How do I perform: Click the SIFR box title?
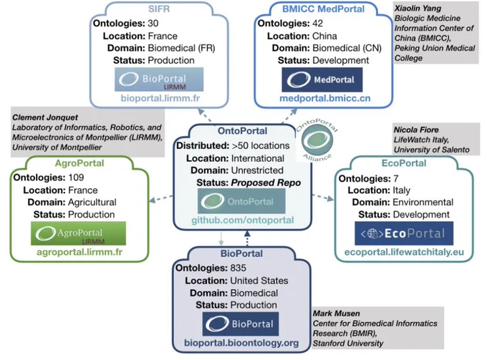[159, 9]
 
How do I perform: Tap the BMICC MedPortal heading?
[323, 9]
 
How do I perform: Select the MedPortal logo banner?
[322, 79]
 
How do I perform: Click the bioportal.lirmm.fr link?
[160, 98]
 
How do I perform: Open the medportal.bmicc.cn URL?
[325, 98]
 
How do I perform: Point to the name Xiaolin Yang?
[418, 9]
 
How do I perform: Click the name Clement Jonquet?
[45, 117]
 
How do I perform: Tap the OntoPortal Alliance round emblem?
[317, 140]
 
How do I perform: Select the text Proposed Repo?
[266, 183]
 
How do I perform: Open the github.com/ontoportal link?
[243, 220]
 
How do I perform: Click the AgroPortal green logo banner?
[78, 233]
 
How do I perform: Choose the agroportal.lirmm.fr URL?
[79, 252]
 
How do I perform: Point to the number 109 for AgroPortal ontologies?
[76, 177]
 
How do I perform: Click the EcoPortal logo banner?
[404, 233]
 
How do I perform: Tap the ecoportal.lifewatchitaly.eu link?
[404, 252]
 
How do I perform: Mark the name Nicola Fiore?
[416, 130]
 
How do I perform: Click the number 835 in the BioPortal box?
[238, 268]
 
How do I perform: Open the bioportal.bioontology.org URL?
[241, 343]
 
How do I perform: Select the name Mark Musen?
[337, 313]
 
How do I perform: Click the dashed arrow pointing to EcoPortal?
[323, 198]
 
